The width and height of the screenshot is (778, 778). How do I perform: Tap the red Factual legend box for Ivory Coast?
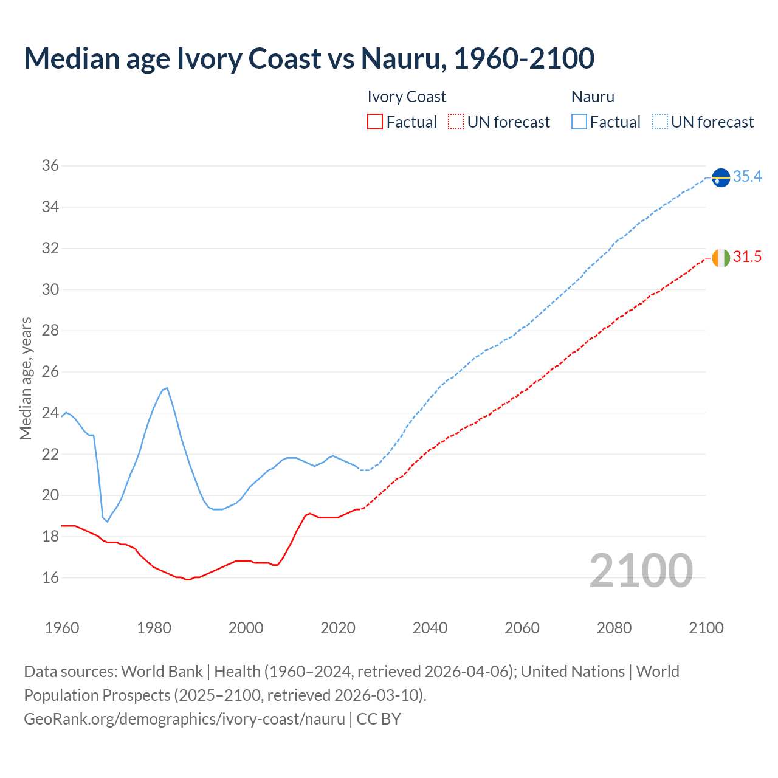point(375,122)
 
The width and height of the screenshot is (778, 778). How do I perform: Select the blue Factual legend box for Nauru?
point(579,122)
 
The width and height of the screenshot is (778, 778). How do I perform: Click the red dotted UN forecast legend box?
point(456,122)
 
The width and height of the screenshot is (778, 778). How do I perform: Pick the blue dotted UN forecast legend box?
point(659,122)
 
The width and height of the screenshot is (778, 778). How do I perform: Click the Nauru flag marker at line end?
point(720,177)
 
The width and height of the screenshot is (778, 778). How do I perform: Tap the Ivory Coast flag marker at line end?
point(720,258)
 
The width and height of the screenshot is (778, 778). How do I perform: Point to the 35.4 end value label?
point(747,176)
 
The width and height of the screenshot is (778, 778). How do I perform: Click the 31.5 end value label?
point(747,257)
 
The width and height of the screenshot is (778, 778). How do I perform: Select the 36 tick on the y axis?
point(50,166)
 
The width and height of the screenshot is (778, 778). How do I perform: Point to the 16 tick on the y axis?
point(50,577)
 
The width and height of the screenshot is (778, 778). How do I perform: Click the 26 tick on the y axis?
point(50,371)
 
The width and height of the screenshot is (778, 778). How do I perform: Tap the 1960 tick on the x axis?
point(62,628)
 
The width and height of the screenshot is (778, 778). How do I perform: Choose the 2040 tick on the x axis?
point(430,628)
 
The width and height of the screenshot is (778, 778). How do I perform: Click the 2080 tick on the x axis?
point(614,628)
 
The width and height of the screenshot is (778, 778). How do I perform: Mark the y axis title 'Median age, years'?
point(26,378)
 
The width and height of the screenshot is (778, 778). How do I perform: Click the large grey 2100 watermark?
point(641,570)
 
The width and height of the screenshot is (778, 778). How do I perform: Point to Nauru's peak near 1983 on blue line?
point(167,388)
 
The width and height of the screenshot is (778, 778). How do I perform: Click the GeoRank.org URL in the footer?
point(184,718)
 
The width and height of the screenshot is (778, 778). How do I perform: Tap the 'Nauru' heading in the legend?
point(593,97)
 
